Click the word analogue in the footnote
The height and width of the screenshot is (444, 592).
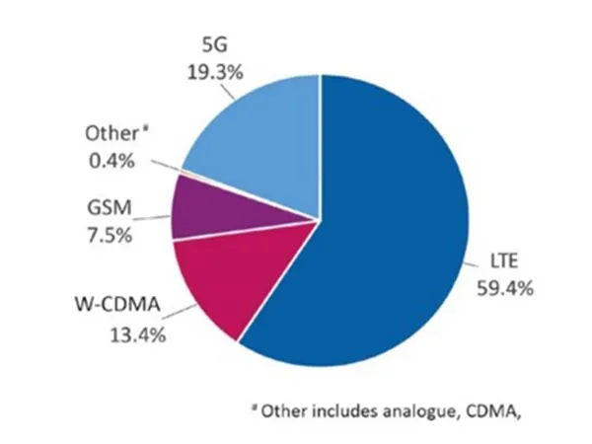tap(408, 411)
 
